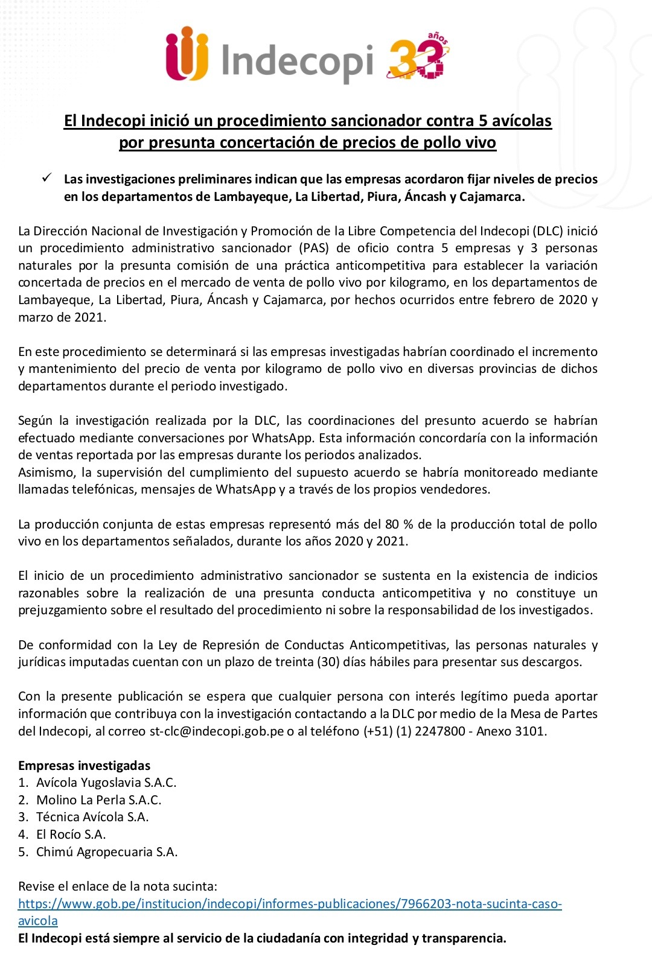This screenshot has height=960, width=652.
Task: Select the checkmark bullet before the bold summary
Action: click(x=46, y=179)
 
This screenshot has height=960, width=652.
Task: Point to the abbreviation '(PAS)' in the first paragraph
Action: click(x=310, y=248)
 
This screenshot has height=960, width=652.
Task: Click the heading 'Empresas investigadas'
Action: click(x=84, y=766)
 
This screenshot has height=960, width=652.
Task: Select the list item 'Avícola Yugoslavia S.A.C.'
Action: click(x=106, y=783)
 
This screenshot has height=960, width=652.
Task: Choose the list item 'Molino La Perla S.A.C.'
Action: click(x=99, y=800)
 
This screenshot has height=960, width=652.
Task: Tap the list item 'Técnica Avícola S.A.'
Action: click(x=92, y=817)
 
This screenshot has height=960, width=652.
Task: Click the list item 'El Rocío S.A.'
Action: click(x=71, y=834)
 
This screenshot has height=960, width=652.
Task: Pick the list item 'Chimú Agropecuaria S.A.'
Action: click(x=107, y=852)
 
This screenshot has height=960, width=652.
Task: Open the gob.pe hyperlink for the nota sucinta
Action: click(x=290, y=904)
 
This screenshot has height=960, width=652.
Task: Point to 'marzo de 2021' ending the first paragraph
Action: click(x=62, y=317)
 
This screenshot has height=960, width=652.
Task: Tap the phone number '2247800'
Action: click(x=439, y=731)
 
